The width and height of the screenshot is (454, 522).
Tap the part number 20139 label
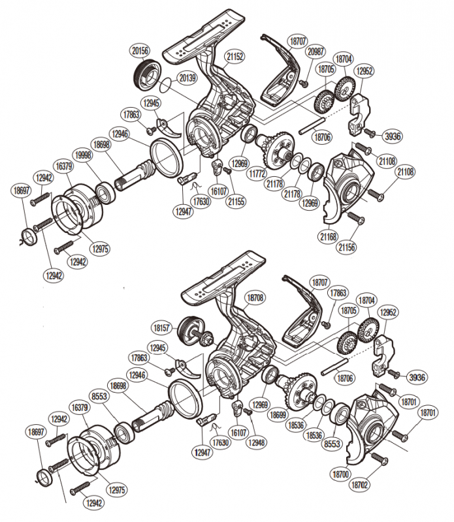[187, 78]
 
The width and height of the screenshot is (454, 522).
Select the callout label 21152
[234, 56]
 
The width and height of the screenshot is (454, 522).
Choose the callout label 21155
[236, 202]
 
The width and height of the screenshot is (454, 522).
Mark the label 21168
[329, 237]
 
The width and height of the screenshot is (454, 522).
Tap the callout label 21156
[347, 247]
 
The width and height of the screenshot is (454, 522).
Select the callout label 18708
[255, 298]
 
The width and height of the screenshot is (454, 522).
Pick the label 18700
[340, 474]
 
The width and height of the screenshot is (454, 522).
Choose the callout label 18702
[361, 485]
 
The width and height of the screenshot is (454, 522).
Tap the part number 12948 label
[256, 442]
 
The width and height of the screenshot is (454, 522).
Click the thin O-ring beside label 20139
[167, 86]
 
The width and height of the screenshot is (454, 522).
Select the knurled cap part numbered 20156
[148, 74]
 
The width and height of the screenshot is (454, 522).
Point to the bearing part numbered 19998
[106, 192]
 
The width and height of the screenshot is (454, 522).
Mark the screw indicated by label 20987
[303, 83]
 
